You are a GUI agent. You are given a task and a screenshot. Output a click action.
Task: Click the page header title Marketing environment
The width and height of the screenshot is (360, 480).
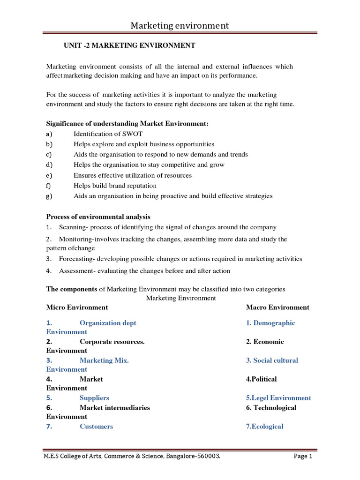(x=180, y=25)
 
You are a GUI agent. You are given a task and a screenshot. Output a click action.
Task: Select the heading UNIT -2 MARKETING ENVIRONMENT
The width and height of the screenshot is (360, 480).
(x=129, y=45)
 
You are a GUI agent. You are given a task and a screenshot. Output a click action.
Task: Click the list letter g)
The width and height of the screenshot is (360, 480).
(x=50, y=196)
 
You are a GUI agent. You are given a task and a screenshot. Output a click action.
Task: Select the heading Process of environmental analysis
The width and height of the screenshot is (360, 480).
(x=98, y=217)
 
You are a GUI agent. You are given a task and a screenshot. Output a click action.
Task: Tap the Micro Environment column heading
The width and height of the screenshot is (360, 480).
(x=77, y=307)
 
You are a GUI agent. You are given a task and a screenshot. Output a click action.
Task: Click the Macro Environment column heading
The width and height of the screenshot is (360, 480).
(x=277, y=307)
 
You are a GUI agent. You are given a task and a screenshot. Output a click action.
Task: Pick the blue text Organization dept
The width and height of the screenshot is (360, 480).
(x=108, y=323)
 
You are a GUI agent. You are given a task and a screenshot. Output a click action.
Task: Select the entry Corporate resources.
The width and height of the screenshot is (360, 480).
(x=112, y=342)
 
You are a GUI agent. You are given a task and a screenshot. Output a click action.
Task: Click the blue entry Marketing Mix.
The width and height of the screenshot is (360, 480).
(x=104, y=360)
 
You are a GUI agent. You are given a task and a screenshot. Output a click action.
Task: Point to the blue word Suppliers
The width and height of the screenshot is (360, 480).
(x=94, y=398)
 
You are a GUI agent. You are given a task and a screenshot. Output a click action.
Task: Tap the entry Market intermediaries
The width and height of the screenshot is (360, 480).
(x=115, y=408)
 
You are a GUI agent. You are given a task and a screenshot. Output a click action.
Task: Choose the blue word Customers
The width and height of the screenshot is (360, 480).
(x=96, y=427)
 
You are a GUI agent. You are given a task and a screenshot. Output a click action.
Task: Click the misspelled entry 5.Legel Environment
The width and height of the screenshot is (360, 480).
(x=278, y=398)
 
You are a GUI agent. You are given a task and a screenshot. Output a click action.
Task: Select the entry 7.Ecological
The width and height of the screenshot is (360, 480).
(x=265, y=427)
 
